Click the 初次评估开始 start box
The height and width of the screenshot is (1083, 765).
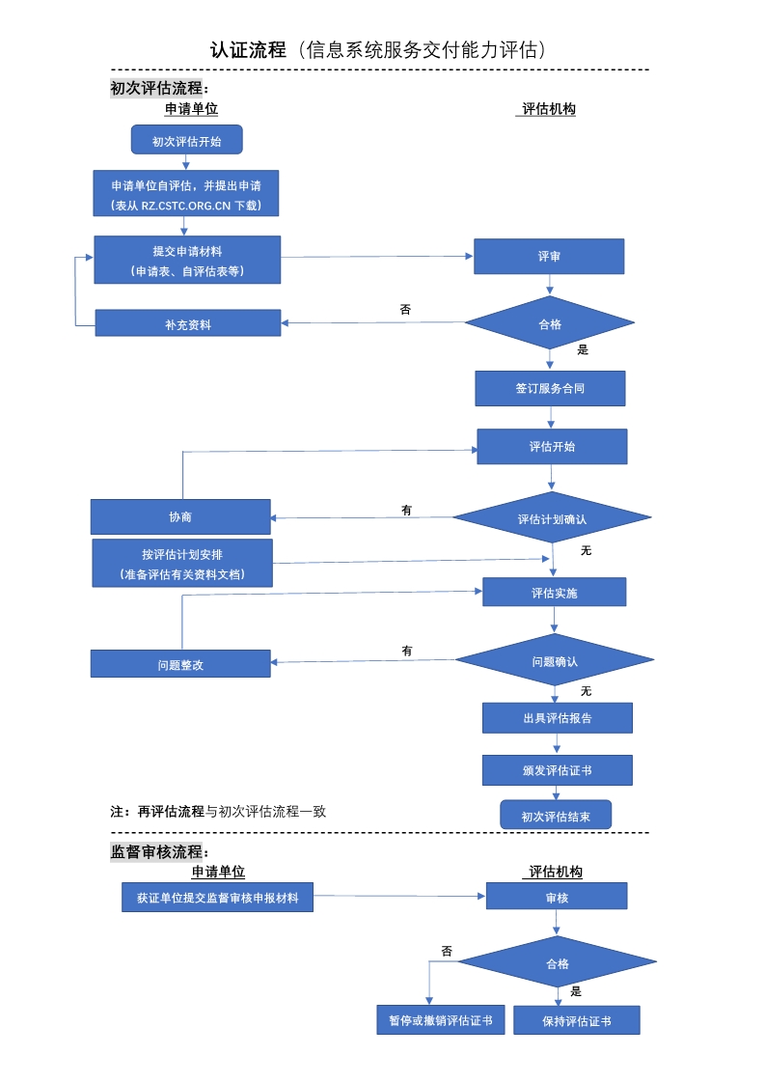click(186, 140)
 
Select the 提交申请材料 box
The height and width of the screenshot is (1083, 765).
click(187, 260)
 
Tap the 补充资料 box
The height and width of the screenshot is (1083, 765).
click(187, 323)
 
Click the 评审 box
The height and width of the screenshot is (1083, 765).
click(549, 257)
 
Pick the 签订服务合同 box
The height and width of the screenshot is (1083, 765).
click(550, 388)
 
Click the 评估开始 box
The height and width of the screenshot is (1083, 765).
click(552, 447)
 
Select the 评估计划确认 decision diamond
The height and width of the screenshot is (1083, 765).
click(552, 518)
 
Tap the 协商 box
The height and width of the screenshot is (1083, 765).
click(180, 516)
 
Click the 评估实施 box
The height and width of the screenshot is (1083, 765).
click(554, 592)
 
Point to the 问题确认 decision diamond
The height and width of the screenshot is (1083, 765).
click(554, 661)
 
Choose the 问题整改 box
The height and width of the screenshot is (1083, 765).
click(180, 664)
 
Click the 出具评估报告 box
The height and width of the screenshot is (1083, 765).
click(557, 717)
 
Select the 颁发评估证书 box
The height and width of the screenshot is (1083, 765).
click(557, 770)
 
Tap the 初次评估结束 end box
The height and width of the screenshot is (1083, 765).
click(555, 816)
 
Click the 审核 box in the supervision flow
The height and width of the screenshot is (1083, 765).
click(557, 897)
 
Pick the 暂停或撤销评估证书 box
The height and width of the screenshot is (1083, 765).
click(440, 1019)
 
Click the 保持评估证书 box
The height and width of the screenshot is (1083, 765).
click(576, 1021)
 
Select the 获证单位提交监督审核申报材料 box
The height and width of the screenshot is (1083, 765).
click(217, 897)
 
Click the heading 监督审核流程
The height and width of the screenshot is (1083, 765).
click(158, 851)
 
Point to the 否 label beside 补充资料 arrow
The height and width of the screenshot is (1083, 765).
click(405, 310)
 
